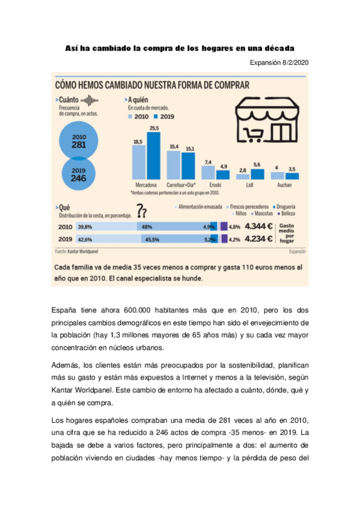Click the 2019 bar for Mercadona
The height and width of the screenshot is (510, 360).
pyautogui.click(x=154, y=156)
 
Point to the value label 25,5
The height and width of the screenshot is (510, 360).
pyautogui.click(x=154, y=128)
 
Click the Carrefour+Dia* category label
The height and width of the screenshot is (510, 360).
pyautogui.click(x=180, y=185)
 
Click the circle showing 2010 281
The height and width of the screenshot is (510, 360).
pyautogui.click(x=79, y=141)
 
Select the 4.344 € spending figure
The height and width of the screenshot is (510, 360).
pyautogui.click(x=258, y=227)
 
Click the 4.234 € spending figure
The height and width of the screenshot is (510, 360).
pyautogui.click(x=258, y=239)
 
